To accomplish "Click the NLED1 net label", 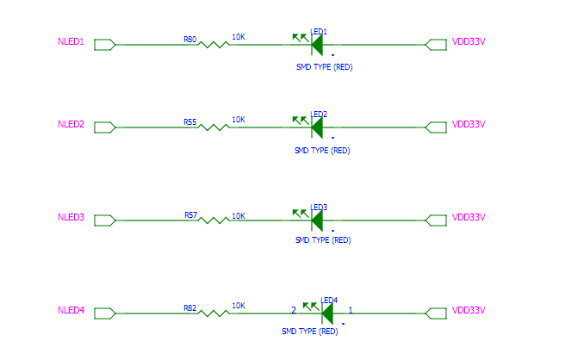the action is pyautogui.click(x=71, y=42).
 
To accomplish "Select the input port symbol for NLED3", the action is pyautogui.click(x=105, y=220).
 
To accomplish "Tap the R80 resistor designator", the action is pyautogui.click(x=189, y=40).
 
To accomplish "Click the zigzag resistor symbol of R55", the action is pyautogui.click(x=214, y=127).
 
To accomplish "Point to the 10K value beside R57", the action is pyautogui.click(x=239, y=216).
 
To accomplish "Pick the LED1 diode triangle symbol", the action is pyautogui.click(x=317, y=45).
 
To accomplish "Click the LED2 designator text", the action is pyautogui.click(x=319, y=115).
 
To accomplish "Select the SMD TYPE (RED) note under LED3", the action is pyautogui.click(x=323, y=240).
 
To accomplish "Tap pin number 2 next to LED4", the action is pyautogui.click(x=294, y=310).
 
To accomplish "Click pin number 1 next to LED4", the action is pyautogui.click(x=351, y=310).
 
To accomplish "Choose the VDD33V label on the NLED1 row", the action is pyautogui.click(x=469, y=42).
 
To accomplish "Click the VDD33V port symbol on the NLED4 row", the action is pyautogui.click(x=436, y=313).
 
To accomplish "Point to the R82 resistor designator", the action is pyautogui.click(x=189, y=308).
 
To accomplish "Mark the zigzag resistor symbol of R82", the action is pyautogui.click(x=214, y=313).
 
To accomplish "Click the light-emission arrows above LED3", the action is pyautogui.click(x=301, y=214).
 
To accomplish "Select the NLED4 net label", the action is pyautogui.click(x=71, y=310).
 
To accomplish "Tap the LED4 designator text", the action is pyautogui.click(x=329, y=301).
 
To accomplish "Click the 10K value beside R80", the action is pyautogui.click(x=239, y=37).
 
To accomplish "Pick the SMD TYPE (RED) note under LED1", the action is pyautogui.click(x=325, y=67).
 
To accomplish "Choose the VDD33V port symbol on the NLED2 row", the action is pyautogui.click(x=436, y=127).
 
